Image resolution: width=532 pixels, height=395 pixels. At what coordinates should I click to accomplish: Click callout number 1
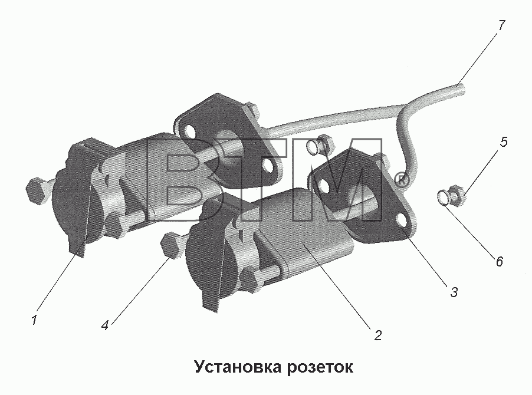[x=34, y=320]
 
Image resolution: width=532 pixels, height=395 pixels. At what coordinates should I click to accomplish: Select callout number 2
[x=377, y=335]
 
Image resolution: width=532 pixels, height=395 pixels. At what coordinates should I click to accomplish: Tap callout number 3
[x=454, y=291]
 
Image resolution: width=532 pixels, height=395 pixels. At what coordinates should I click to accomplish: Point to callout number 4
[x=105, y=325]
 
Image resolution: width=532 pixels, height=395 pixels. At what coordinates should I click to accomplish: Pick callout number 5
[x=504, y=141]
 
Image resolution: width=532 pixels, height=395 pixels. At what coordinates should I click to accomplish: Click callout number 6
[x=499, y=261]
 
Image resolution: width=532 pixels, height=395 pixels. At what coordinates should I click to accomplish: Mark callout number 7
[x=502, y=25]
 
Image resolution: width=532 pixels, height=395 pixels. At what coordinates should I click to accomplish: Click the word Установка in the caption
[x=237, y=367]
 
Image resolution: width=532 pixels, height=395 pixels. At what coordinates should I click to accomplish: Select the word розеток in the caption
[x=320, y=368]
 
